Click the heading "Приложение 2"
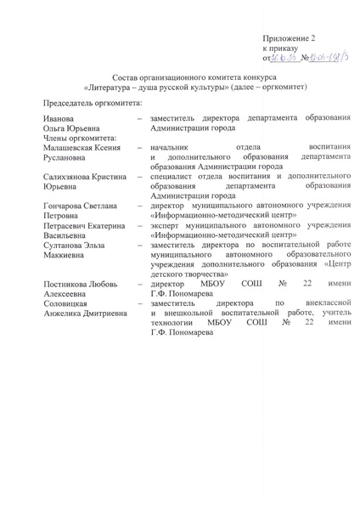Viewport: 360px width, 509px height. click(290, 39)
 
